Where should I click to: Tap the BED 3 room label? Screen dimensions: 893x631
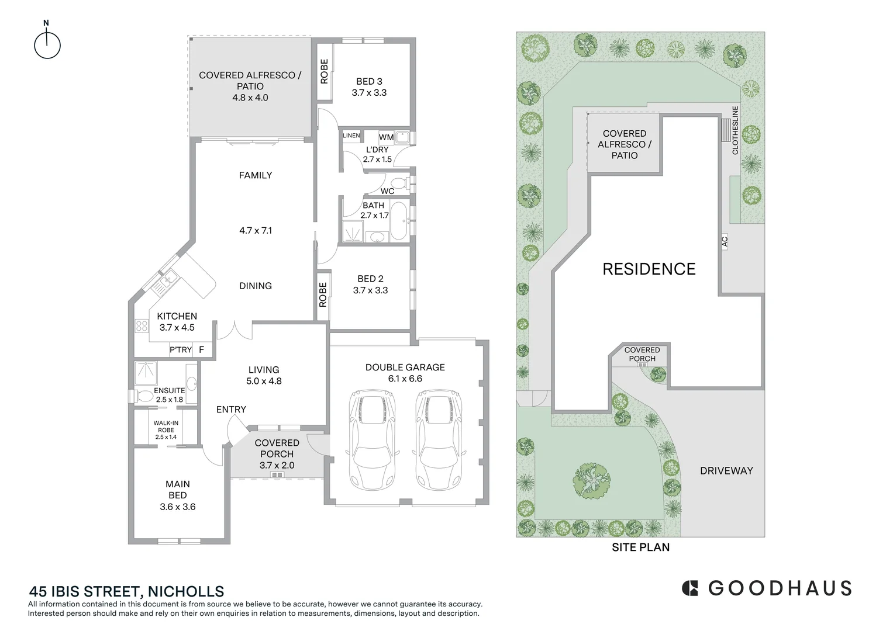(x=369, y=82)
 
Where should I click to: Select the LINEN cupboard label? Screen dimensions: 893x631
(x=351, y=136)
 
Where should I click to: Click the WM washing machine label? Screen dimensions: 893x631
(x=386, y=137)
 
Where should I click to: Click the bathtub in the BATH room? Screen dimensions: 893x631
(x=399, y=221)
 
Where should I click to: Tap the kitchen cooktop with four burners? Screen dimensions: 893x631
(x=142, y=326)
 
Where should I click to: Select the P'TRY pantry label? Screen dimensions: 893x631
(x=181, y=350)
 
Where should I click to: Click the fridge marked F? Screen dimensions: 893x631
(x=202, y=350)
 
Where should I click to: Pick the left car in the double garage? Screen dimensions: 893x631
(x=373, y=440)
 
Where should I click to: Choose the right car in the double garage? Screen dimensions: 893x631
(x=439, y=440)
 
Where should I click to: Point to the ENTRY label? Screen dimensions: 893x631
(x=231, y=410)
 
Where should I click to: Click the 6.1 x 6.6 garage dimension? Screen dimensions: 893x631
(x=405, y=379)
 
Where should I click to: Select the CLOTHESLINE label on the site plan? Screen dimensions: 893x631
(x=735, y=130)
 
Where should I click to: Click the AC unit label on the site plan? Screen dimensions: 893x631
(x=725, y=241)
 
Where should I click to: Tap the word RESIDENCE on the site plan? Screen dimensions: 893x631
(x=649, y=269)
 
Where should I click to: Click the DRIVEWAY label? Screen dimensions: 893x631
(x=726, y=471)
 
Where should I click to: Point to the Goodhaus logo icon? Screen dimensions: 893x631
(x=690, y=588)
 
